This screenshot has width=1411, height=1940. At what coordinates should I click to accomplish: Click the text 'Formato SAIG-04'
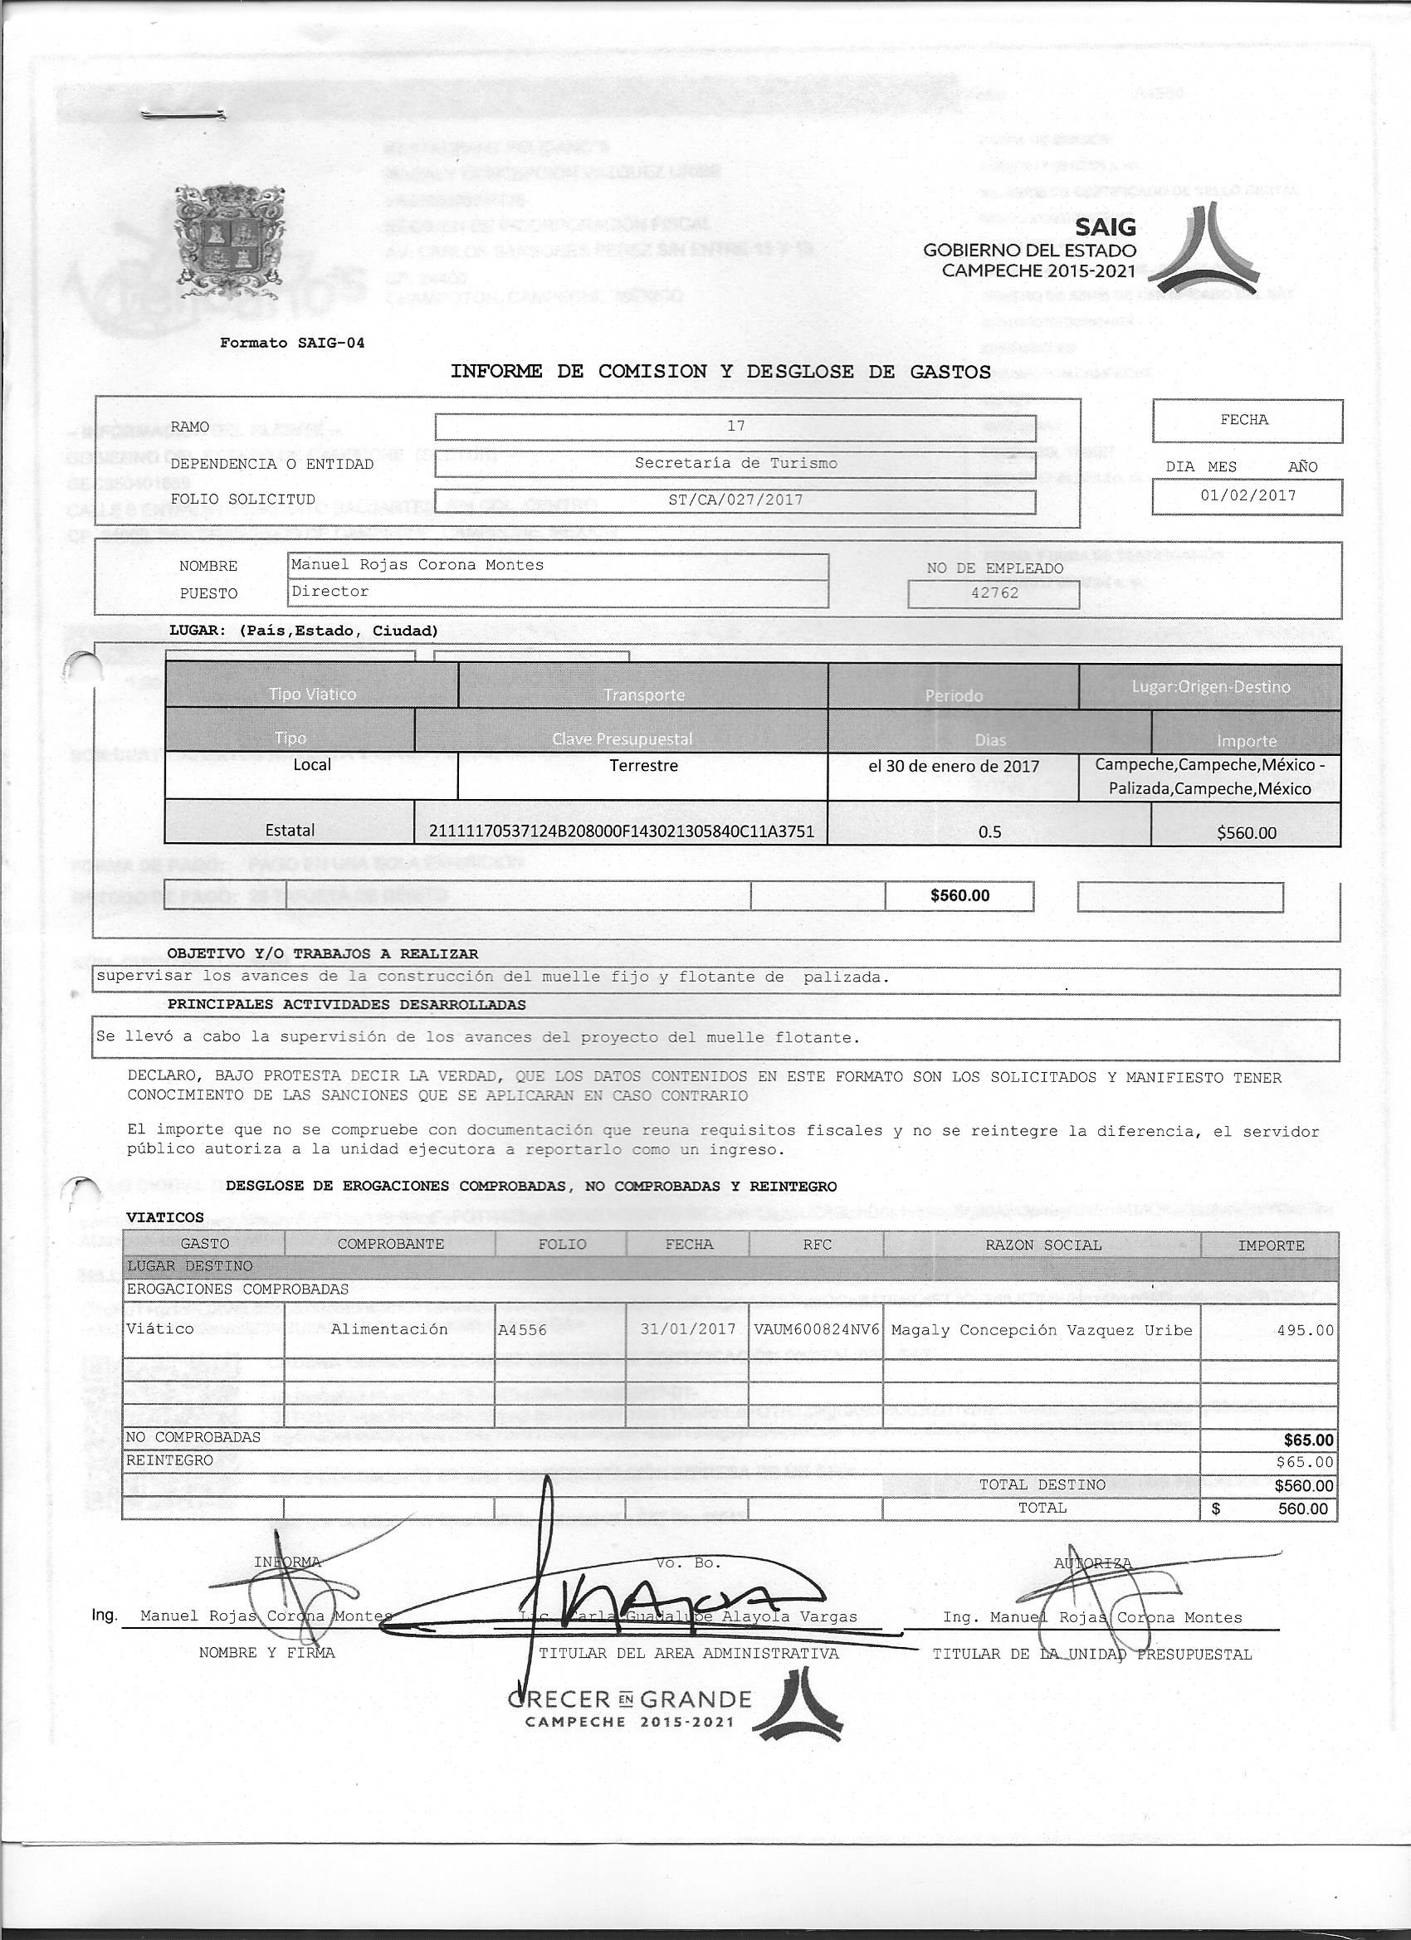[x=292, y=343]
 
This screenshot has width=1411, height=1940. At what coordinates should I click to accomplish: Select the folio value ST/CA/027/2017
[x=735, y=500]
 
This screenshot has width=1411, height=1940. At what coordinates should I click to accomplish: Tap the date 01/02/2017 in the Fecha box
[x=1247, y=495]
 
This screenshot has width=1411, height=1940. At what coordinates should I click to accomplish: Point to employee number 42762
[x=994, y=592]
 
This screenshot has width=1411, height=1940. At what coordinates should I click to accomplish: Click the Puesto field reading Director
[x=330, y=591]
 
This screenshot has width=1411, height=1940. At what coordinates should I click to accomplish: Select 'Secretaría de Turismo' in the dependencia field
[x=736, y=464]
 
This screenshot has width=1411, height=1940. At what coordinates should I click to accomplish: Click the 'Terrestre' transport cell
[x=643, y=766]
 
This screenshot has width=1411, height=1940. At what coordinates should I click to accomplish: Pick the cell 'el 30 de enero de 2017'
[x=953, y=767]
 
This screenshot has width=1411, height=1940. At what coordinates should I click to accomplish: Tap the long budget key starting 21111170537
[x=621, y=831]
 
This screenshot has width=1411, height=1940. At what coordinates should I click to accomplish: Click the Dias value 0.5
[x=989, y=831]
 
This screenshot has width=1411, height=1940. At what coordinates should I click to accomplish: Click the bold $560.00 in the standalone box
[x=960, y=895]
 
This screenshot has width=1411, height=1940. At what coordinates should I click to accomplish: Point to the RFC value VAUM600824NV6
[x=817, y=1330]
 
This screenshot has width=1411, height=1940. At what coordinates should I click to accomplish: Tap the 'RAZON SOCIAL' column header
[x=1043, y=1245]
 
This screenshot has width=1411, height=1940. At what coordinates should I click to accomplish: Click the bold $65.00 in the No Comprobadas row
[x=1308, y=1440]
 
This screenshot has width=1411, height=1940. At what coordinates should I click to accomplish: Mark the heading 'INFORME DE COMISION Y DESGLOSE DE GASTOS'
[x=720, y=372]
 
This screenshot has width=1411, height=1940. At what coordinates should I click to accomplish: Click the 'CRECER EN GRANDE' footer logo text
[x=629, y=1699]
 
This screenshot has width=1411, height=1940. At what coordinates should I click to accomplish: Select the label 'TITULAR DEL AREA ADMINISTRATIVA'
[x=689, y=1654]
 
